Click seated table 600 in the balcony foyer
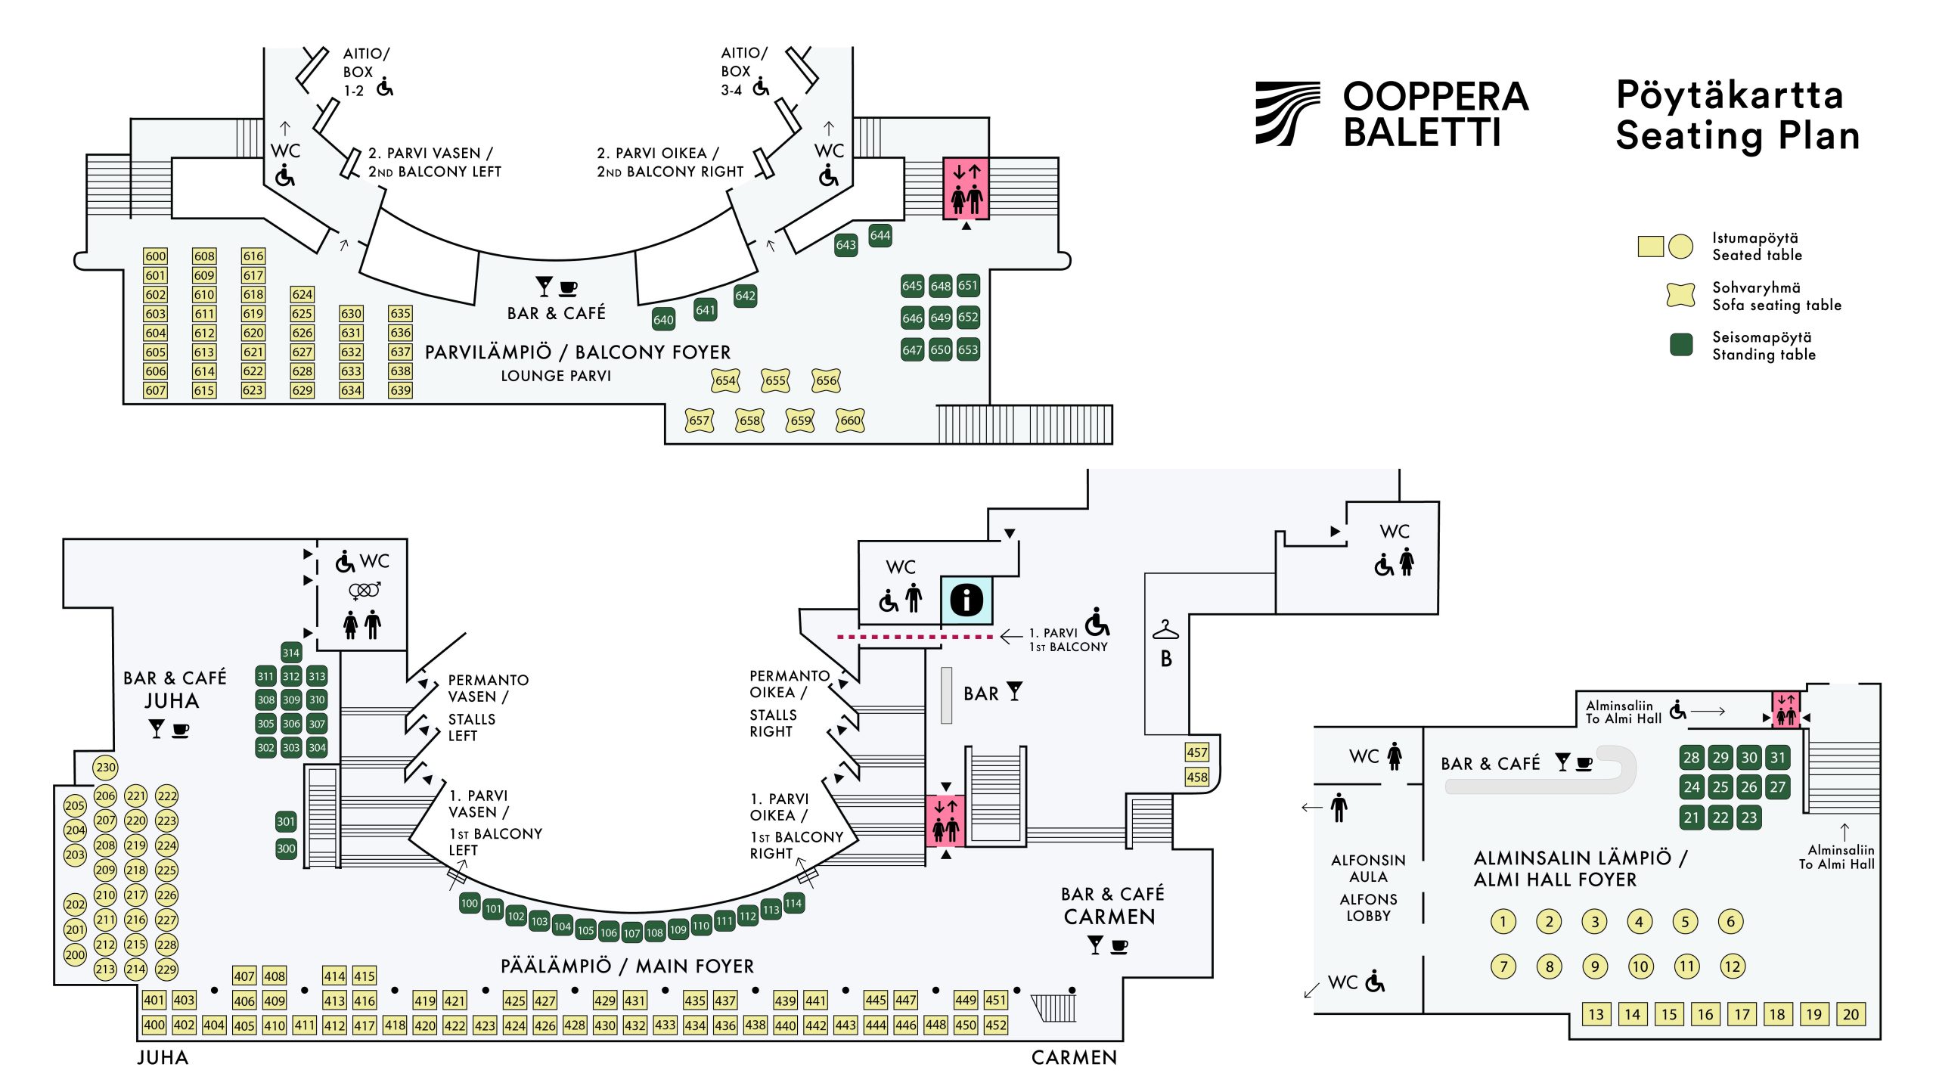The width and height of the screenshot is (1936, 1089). (x=155, y=256)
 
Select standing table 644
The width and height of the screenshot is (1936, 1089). (x=880, y=235)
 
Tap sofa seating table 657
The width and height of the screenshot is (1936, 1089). (x=700, y=420)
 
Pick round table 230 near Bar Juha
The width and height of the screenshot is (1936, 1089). (x=106, y=768)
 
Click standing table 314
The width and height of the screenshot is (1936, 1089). (x=291, y=653)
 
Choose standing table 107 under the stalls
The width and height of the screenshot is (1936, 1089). (x=631, y=933)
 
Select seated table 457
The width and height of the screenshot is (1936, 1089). (x=1196, y=752)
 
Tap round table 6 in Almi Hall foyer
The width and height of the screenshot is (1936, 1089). (x=1730, y=921)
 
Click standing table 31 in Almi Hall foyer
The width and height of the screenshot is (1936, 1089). (x=1777, y=758)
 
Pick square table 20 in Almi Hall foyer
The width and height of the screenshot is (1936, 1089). (x=1851, y=1015)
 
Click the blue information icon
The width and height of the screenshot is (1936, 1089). (x=966, y=600)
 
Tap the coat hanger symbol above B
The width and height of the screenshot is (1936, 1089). (x=1165, y=629)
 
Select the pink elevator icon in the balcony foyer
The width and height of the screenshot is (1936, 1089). (x=966, y=189)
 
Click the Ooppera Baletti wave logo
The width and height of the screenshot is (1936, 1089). (x=1287, y=113)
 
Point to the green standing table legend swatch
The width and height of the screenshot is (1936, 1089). (x=1680, y=345)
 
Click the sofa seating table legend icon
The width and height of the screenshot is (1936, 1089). (x=1680, y=295)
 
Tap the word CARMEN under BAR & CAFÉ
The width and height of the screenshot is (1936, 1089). (x=1109, y=917)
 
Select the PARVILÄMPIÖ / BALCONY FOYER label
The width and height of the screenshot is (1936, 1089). (x=578, y=352)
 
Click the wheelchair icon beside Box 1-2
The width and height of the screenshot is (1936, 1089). (x=385, y=88)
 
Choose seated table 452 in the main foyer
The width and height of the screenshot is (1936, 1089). (x=996, y=1025)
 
